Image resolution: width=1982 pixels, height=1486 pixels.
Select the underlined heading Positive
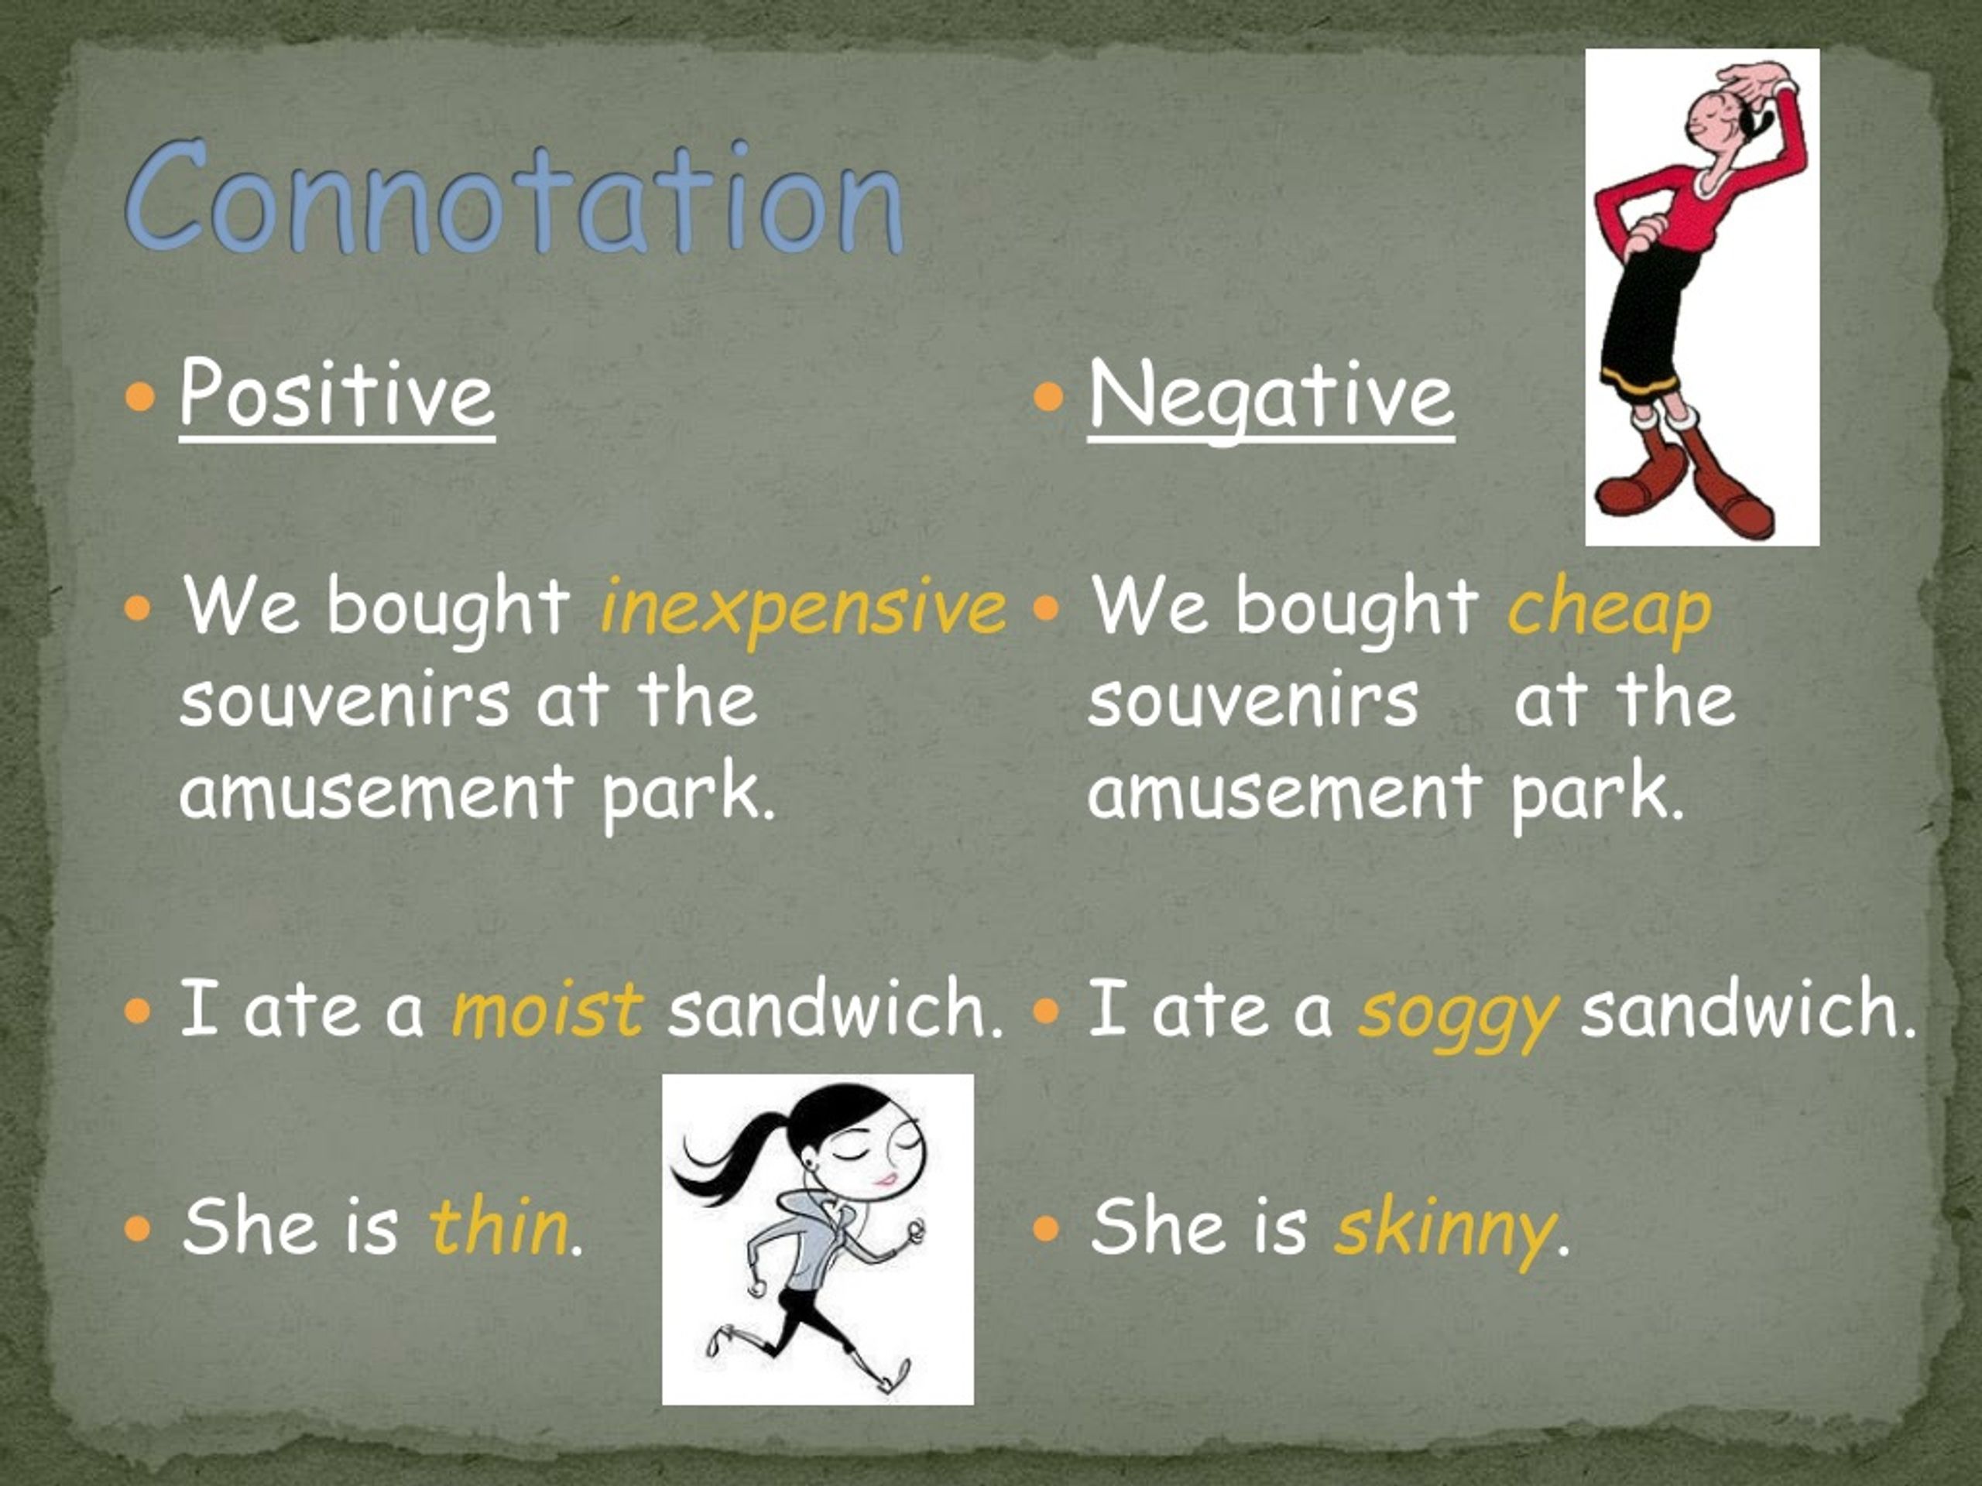[336, 394]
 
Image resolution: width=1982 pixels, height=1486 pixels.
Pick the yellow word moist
[547, 1009]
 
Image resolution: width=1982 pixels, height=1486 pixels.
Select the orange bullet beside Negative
[1048, 395]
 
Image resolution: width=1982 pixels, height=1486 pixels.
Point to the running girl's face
[873, 1156]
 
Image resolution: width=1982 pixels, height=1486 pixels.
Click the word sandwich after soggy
[1747, 1009]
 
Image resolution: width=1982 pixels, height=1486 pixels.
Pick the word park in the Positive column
[685, 793]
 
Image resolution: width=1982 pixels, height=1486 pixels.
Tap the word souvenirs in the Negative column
[1253, 700]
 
